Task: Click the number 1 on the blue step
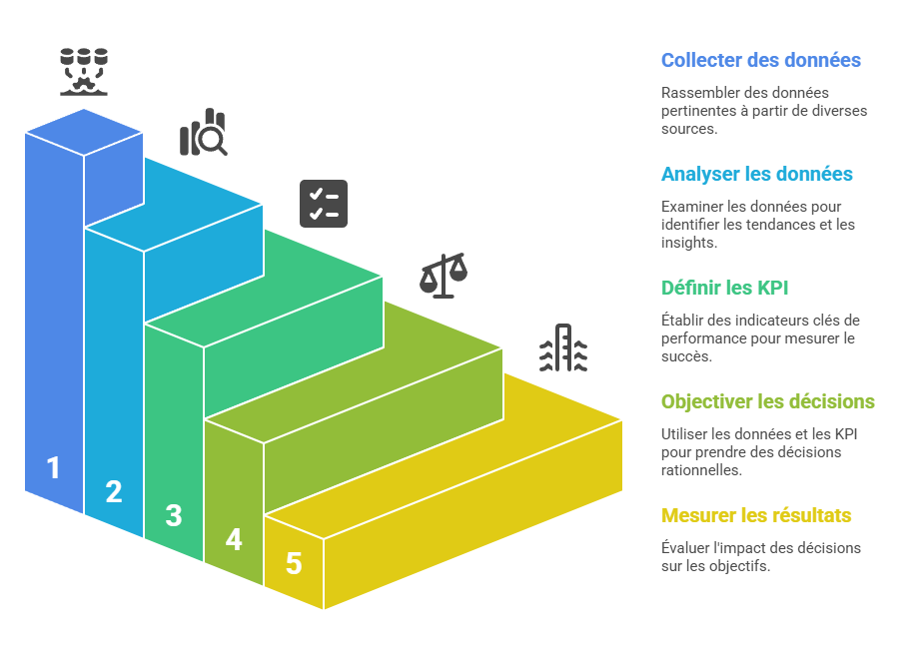[54, 467]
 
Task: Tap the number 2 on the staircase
[114, 491]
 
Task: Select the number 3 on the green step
[174, 515]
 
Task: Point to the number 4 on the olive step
[234, 539]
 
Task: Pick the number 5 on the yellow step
[294, 563]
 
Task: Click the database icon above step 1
[84, 71]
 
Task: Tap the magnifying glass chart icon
[204, 133]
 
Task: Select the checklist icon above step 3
[324, 204]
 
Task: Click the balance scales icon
[444, 276]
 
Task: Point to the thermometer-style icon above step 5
[563, 347]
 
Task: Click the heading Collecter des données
[760, 60]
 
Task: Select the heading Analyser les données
[756, 174]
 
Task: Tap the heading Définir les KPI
[725, 288]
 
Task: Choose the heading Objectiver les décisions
[767, 401]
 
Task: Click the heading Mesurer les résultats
[756, 515]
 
